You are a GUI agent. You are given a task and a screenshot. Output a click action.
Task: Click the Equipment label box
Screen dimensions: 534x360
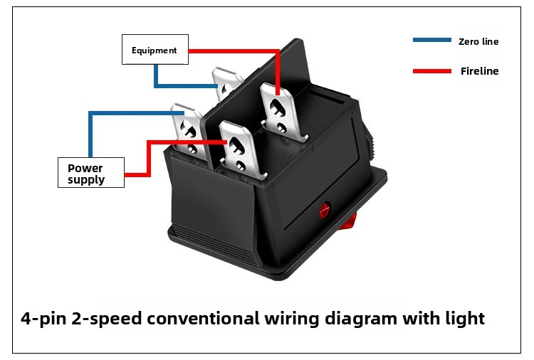point(155,49)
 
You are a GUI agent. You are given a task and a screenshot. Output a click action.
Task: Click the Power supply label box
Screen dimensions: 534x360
point(91,172)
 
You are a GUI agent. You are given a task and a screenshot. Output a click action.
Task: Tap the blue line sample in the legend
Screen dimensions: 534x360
point(432,40)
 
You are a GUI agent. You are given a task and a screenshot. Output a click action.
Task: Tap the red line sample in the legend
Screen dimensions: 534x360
point(432,71)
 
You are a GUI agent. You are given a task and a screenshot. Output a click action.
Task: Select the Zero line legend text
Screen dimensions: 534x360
point(478,41)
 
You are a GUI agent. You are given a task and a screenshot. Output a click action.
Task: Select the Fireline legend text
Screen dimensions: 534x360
point(479,71)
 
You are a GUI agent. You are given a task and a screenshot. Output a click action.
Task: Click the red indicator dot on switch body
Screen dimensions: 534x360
point(325,210)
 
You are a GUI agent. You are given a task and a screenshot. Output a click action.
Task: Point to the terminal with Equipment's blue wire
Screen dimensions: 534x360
point(226,85)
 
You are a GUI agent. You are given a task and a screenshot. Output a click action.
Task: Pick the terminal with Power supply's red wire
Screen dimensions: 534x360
point(241,149)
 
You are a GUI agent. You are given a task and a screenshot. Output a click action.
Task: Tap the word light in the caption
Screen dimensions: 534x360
point(465,319)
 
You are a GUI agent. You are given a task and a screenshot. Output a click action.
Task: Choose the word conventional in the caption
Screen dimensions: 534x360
point(203,319)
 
